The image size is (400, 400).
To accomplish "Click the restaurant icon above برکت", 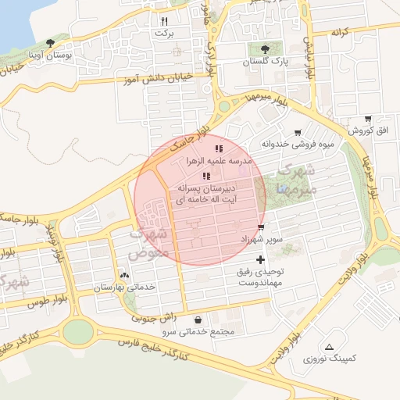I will point(164,21).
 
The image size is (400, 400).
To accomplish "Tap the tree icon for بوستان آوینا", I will point(51,43).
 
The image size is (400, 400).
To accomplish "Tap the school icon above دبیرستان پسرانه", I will point(206,177).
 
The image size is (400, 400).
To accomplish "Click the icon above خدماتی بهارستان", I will point(124,275).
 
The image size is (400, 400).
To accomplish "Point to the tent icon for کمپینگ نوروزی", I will point(329,346).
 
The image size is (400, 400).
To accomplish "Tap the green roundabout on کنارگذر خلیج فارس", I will point(77,332).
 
